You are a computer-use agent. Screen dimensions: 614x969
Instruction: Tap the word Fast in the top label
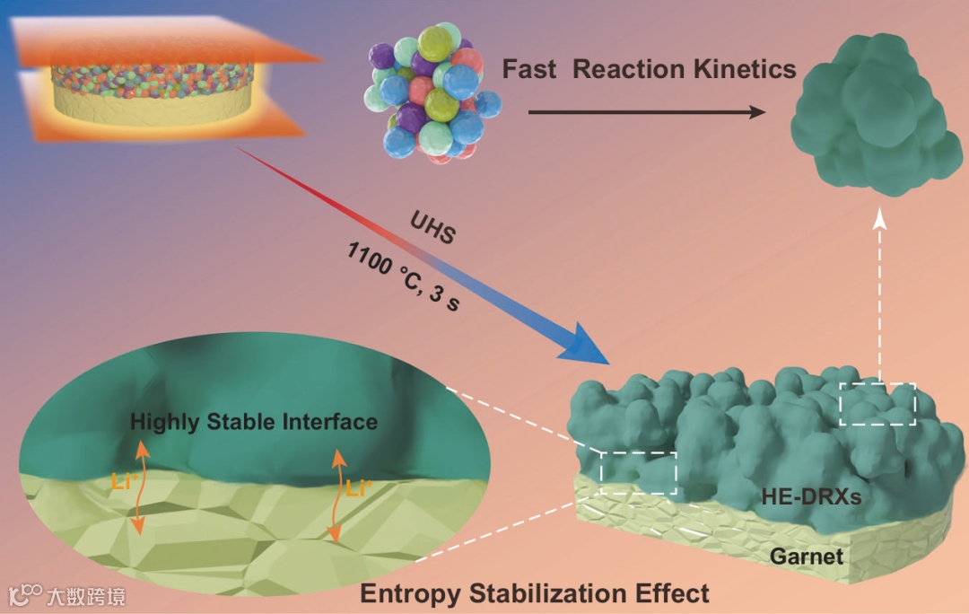click(530, 69)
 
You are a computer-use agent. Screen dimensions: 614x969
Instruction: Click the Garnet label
click(807, 557)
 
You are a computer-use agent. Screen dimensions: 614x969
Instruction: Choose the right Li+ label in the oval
click(359, 490)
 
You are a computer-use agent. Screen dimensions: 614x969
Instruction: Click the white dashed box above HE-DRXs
click(877, 403)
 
